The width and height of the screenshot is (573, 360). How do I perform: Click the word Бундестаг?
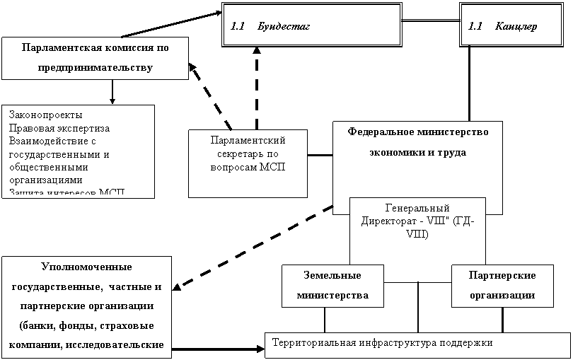pos(284,27)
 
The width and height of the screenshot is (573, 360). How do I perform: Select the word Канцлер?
pos(516,27)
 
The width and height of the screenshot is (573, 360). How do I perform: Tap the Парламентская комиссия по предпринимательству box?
pos(95,58)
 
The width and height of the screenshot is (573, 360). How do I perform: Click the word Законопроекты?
pos(45,115)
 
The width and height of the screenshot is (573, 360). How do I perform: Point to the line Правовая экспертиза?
pos(60,127)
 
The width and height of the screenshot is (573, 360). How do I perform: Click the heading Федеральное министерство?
pos(417,132)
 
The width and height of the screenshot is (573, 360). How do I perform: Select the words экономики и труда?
pos(417,152)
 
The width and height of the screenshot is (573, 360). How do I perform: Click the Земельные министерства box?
pos(332,286)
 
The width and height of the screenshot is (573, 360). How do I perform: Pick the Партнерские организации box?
pos(502,286)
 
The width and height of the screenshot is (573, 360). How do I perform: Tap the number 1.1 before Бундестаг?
pos(237,27)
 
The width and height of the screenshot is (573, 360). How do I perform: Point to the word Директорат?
pos(391,220)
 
